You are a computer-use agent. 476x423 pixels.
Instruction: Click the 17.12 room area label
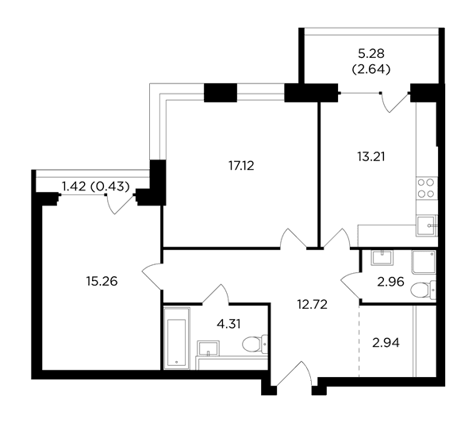click(x=241, y=166)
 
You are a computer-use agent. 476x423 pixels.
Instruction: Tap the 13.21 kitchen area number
click(x=371, y=156)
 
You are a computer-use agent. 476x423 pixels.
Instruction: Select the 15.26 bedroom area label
click(x=102, y=281)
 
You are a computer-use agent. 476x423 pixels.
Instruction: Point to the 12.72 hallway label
click(x=313, y=304)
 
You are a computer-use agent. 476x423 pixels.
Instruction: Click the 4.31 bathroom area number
click(x=228, y=324)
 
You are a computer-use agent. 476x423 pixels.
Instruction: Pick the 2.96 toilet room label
click(x=390, y=282)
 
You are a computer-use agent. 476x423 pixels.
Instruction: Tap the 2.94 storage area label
click(x=386, y=343)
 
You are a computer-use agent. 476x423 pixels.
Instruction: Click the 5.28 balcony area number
click(x=371, y=53)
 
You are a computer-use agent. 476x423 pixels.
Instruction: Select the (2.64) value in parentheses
click(x=371, y=70)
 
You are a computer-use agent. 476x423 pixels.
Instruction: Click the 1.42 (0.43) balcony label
click(x=96, y=187)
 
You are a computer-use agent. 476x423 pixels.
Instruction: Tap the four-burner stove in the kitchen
click(x=426, y=188)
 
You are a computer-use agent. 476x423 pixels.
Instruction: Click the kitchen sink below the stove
click(x=426, y=225)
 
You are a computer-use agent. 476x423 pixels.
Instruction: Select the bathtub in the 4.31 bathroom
click(x=177, y=338)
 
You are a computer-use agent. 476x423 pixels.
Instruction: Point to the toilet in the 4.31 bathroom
click(x=255, y=344)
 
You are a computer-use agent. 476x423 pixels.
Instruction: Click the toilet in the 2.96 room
click(x=423, y=290)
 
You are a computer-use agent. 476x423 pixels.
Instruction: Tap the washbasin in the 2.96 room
click(x=382, y=257)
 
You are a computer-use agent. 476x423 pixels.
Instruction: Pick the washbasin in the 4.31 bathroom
click(x=208, y=348)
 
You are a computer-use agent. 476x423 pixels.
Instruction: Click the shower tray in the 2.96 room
click(x=424, y=262)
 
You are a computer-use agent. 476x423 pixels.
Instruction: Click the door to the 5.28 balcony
click(x=394, y=102)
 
